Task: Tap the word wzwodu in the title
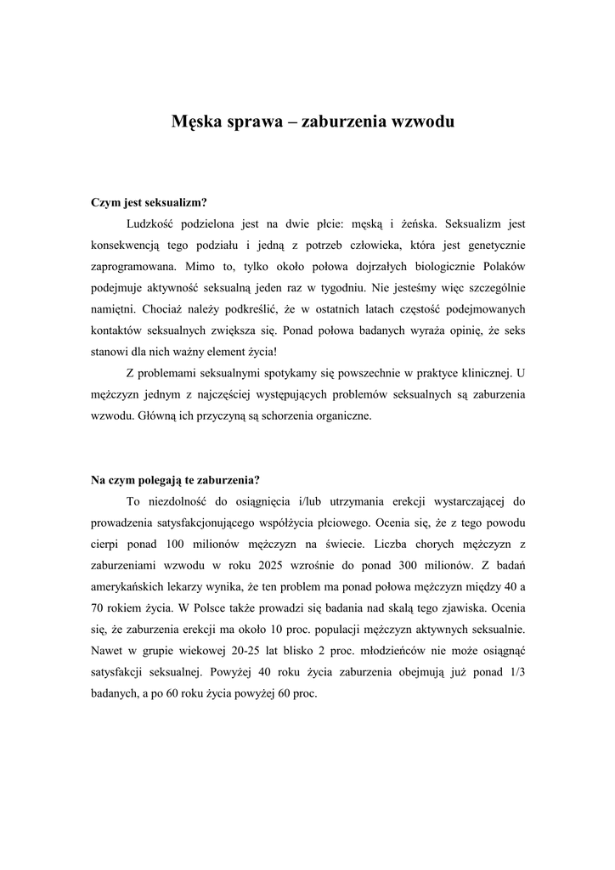420,121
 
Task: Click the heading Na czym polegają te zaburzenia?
175,479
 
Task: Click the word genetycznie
494,246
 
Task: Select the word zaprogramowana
133,267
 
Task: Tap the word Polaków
502,267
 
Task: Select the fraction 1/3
517,672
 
